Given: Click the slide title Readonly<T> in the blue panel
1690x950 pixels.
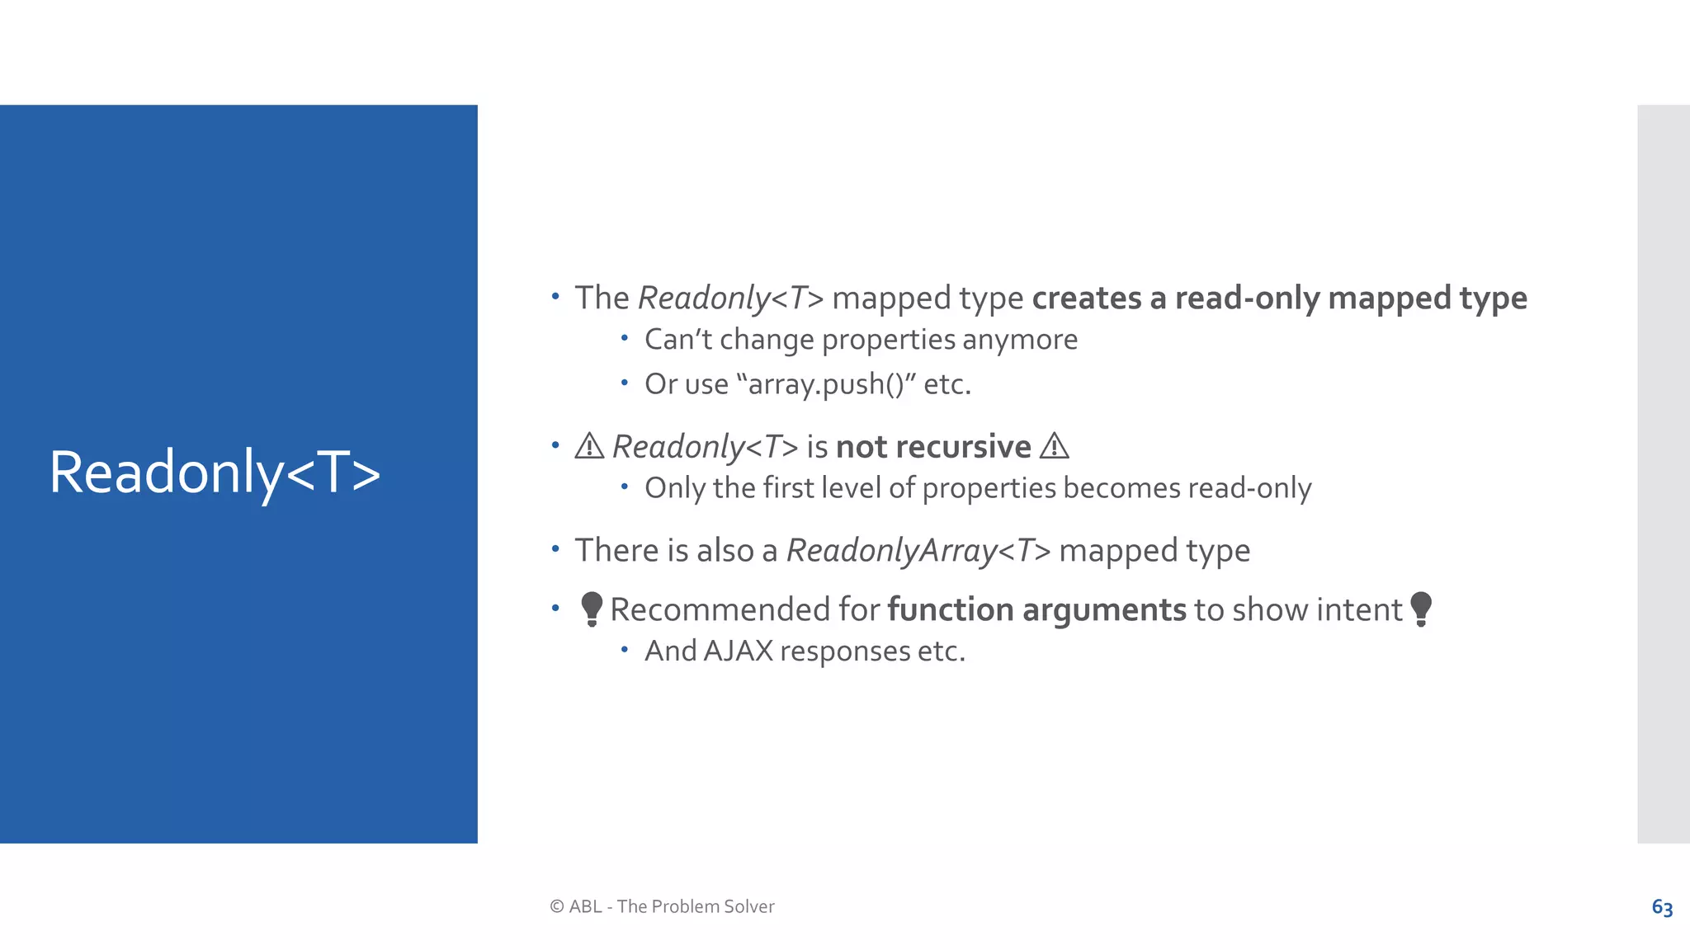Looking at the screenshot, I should point(215,473).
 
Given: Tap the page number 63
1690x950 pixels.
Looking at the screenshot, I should point(1662,907).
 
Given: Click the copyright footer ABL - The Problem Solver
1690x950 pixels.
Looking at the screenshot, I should point(662,906).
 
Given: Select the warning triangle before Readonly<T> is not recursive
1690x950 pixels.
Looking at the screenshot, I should point(589,446).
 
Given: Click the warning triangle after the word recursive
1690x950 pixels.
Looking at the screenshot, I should point(1054,446).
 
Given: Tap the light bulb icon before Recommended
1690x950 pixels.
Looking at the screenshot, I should point(591,609).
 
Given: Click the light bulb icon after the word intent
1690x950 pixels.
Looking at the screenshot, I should point(1421,609).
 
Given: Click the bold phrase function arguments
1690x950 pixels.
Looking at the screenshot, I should point(1036,609).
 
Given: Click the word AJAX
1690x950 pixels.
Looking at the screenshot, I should point(739,651).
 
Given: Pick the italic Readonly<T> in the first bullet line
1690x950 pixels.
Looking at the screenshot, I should point(730,298).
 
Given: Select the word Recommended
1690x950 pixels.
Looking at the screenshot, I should point(720,609).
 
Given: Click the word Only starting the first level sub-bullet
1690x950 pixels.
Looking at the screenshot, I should point(674,488).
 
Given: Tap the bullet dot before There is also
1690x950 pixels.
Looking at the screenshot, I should point(555,548).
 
